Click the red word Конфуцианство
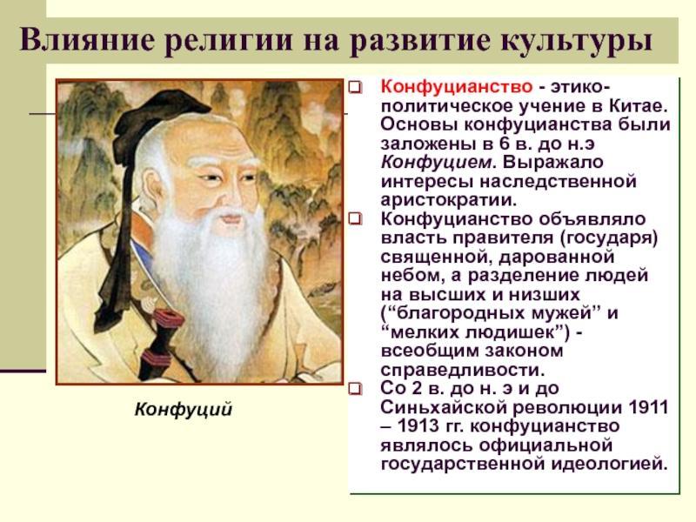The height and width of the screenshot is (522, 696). click(456, 86)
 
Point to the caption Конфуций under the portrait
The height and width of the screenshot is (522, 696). click(184, 409)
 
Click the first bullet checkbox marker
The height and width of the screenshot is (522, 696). click(355, 88)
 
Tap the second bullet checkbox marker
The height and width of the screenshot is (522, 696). click(355, 218)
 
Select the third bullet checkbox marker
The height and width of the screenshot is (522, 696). click(355, 389)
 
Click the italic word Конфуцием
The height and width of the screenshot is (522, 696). click(438, 163)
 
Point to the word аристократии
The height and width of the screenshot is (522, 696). click(449, 201)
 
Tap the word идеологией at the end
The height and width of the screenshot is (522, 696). click(610, 465)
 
